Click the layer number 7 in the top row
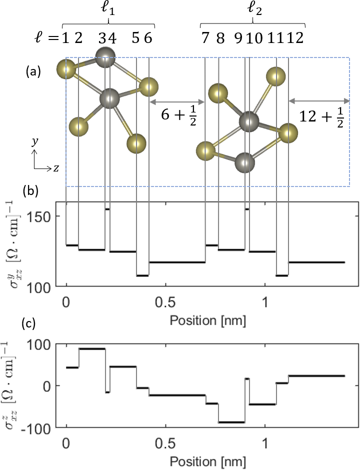pyautogui.click(x=205, y=38)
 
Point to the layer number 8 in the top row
pyautogui.click(x=220, y=38)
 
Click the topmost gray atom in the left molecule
pyautogui.click(x=105, y=57)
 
